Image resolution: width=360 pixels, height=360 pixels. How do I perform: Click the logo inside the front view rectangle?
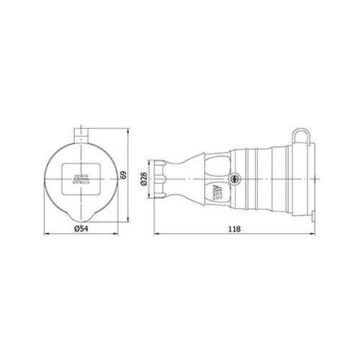tap(80, 179)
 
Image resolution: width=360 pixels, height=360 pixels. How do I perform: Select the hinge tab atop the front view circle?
tap(81, 134)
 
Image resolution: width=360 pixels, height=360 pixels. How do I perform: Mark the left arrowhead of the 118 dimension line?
tap(156, 234)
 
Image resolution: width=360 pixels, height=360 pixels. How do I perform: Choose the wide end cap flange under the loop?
tap(310, 179)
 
